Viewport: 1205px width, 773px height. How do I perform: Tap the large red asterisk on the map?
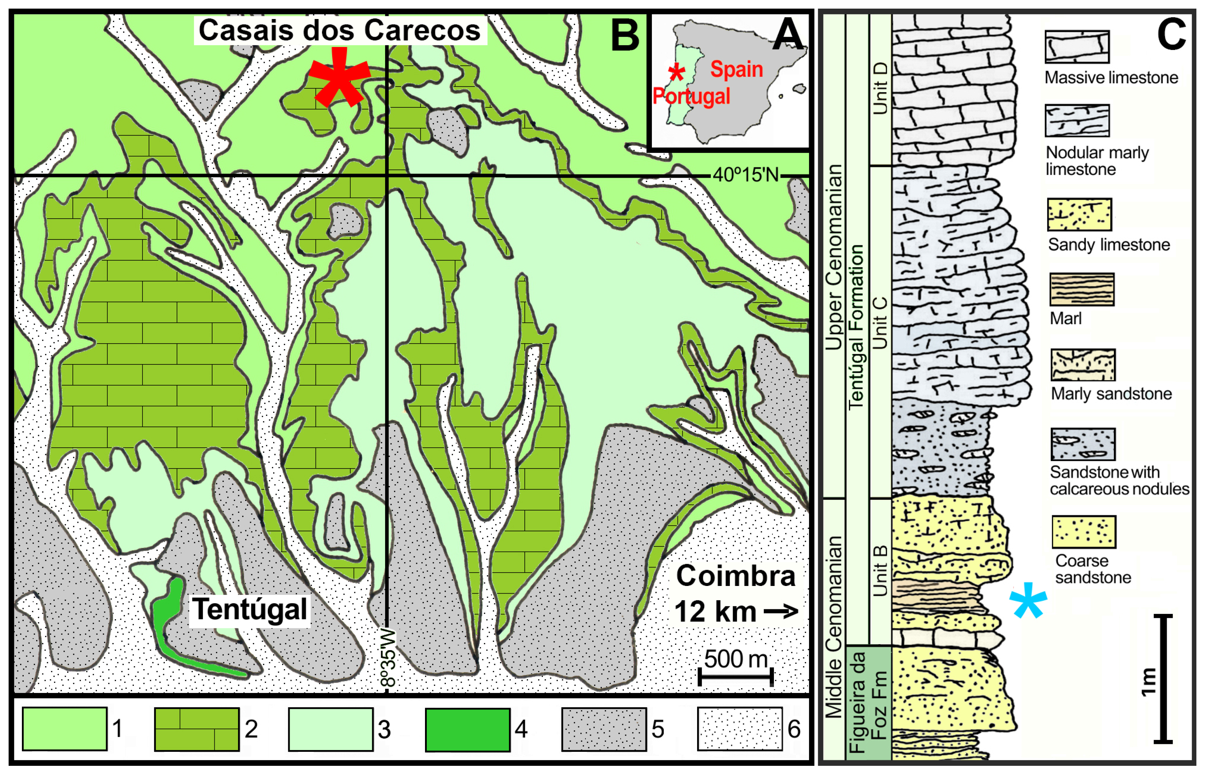[x=339, y=78]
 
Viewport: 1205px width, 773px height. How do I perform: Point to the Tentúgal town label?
[x=250, y=609]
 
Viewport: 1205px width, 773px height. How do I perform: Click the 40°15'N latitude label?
[x=745, y=175]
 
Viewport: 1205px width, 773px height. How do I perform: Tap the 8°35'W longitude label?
[x=388, y=657]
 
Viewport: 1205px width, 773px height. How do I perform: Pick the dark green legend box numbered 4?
[x=467, y=729]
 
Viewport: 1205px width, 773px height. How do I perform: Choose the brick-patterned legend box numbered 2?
[x=196, y=729]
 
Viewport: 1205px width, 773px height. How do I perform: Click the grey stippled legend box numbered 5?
[x=604, y=729]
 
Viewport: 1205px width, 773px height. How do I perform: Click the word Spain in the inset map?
[x=736, y=69]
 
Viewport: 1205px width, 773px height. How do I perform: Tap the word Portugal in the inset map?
[x=691, y=96]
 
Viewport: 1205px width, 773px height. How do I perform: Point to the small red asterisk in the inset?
[x=677, y=73]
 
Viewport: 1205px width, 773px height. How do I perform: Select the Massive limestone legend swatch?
[x=1077, y=47]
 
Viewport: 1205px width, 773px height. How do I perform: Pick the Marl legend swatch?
[x=1082, y=289]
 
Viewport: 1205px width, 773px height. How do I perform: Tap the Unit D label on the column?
[x=880, y=88]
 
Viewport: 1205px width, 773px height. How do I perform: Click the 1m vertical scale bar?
[x=1162, y=678]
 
